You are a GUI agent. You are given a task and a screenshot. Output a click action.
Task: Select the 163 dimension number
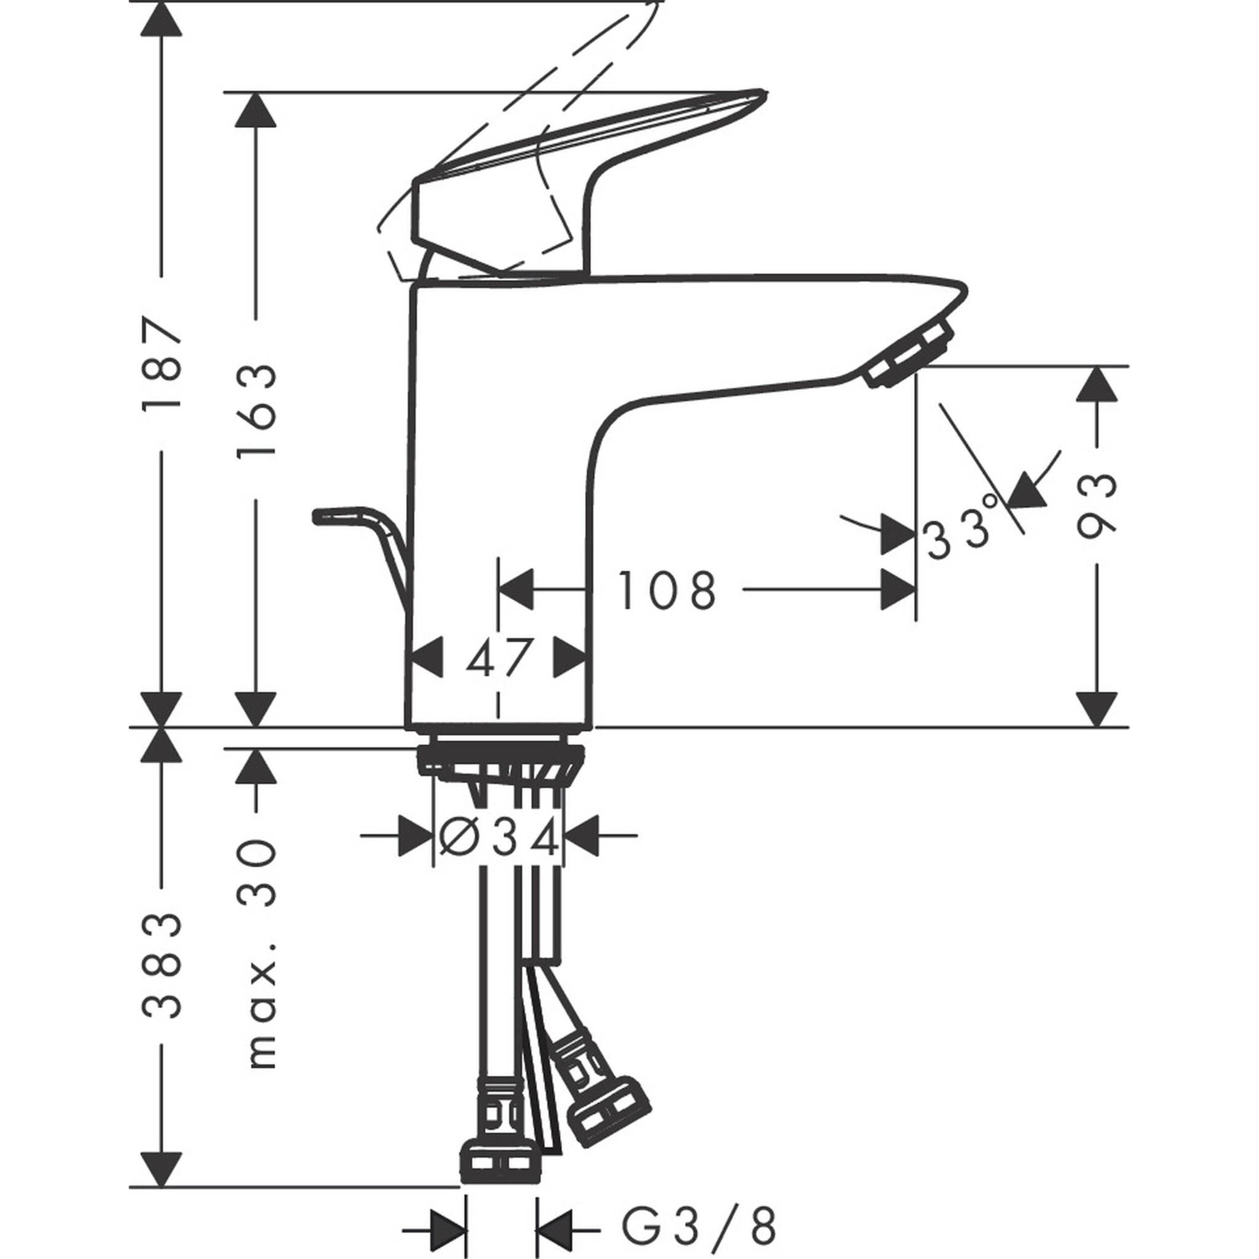(x=257, y=411)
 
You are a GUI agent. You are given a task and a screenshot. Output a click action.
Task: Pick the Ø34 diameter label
(x=499, y=837)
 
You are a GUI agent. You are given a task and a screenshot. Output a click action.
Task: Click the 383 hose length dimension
(x=161, y=965)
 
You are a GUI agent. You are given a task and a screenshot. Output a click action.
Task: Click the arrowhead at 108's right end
(x=899, y=590)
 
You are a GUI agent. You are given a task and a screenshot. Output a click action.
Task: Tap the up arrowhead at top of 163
(x=256, y=110)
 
